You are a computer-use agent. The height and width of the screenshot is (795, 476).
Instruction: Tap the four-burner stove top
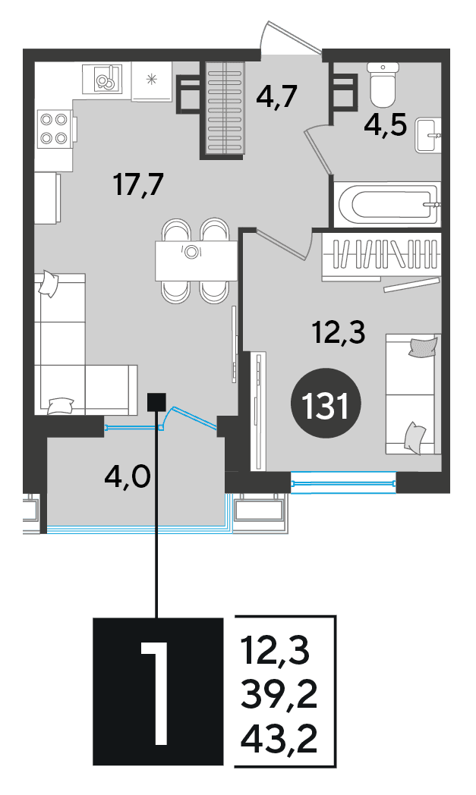tap(55, 128)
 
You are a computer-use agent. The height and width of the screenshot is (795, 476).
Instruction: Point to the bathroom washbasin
tap(427, 135)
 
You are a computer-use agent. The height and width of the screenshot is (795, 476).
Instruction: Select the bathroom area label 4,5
tap(386, 124)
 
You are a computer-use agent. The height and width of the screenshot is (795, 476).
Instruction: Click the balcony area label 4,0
tap(128, 476)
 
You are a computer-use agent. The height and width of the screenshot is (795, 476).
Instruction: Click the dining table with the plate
tap(196, 261)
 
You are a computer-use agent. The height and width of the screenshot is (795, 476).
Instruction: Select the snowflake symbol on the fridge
tap(151, 79)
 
